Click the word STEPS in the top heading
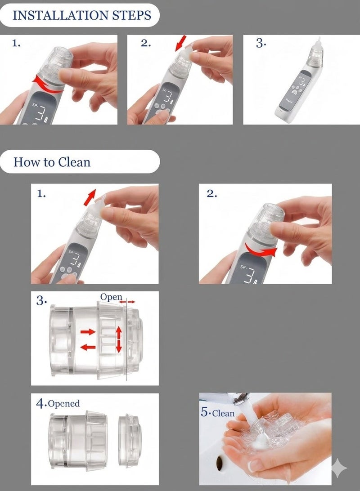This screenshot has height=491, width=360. pos(131,15)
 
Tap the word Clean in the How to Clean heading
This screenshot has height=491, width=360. pos(74,162)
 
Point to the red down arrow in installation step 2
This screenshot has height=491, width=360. pos(180,43)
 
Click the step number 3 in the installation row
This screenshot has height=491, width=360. pos(261,43)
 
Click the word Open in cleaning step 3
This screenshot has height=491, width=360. pos(111,297)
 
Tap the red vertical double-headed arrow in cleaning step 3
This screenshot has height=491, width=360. pos(119,339)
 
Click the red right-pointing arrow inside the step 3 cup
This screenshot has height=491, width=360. pos(88,332)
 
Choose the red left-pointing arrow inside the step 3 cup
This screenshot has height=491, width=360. pos(88,347)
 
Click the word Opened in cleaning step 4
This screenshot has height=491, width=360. pos(63,403)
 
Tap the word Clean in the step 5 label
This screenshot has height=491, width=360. pos(223,413)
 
